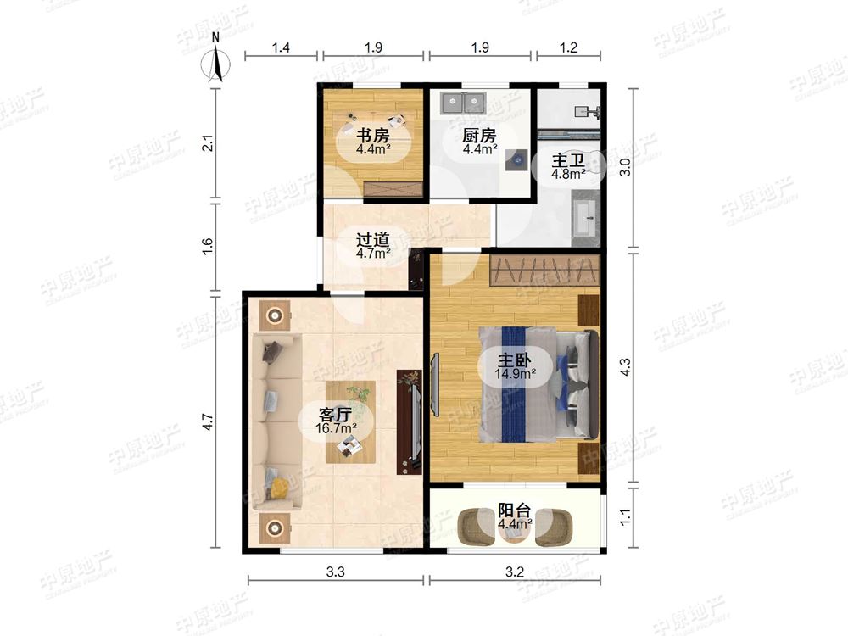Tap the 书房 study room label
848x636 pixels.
click(x=372, y=135)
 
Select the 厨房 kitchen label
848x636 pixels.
click(x=479, y=135)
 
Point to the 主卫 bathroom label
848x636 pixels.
click(x=568, y=160)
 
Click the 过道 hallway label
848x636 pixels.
click(x=372, y=239)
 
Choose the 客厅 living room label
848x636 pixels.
click(x=335, y=415)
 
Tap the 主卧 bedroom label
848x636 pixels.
click(x=515, y=360)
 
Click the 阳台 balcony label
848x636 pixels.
click(x=515, y=510)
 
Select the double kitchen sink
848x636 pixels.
click(x=464, y=103)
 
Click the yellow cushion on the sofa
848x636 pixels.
click(x=279, y=488)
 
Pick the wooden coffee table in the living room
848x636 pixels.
click(x=350, y=421)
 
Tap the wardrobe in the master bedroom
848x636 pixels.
click(x=545, y=271)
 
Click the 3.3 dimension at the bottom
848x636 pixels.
click(x=335, y=572)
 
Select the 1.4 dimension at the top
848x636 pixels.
click(x=281, y=47)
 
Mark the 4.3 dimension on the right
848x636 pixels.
click(x=625, y=368)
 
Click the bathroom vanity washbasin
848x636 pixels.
click(x=585, y=219)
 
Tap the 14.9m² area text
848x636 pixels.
click(x=516, y=373)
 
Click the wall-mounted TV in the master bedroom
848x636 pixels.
click(x=435, y=384)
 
